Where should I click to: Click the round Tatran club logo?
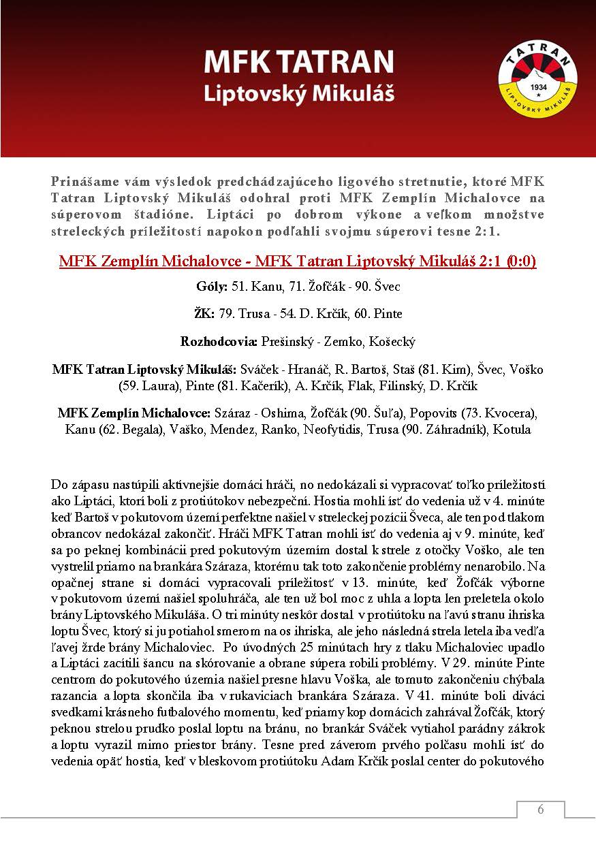[537, 78]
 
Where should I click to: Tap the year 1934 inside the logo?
[537, 89]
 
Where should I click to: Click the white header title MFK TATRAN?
[299, 63]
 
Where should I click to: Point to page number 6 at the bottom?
[540, 810]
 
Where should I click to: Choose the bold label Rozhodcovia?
[217, 341]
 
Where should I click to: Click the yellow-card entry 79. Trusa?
[243, 314]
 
